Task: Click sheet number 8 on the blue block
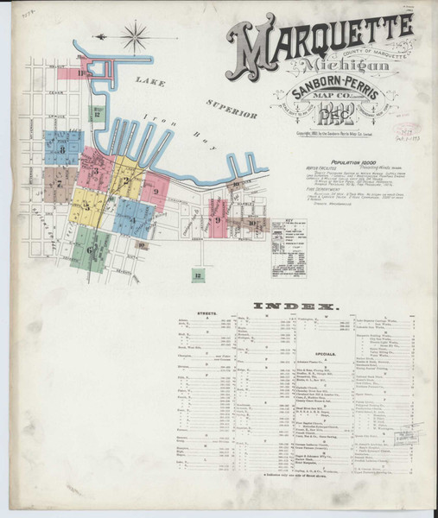62,149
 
